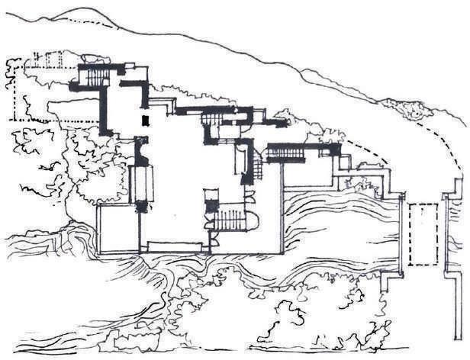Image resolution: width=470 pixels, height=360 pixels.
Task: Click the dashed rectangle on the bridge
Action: coord(423,233)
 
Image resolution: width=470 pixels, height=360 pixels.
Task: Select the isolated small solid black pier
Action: coord(144,121)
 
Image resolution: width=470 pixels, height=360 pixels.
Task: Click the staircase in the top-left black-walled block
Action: coord(95,76)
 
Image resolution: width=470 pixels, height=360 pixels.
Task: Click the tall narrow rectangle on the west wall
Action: coord(140,182)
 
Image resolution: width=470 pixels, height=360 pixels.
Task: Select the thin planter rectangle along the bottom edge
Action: coord(175,246)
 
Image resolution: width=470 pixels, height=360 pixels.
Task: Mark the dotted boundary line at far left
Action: coord(14,95)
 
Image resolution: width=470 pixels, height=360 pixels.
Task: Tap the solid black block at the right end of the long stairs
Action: coord(335,149)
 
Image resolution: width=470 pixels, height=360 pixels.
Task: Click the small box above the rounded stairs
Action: coord(211,205)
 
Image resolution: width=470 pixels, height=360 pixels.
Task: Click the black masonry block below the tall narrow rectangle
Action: coord(140,207)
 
